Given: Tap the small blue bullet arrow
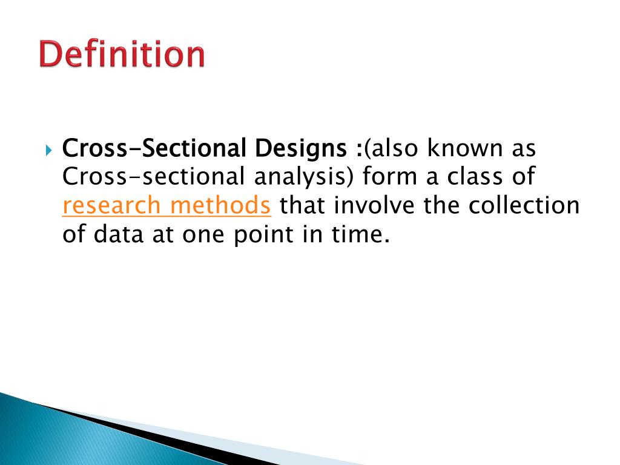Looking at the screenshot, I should [x=50, y=148].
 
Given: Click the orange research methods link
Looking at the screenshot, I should [x=167, y=206].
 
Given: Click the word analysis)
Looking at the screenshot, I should [x=305, y=177].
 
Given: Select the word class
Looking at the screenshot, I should [x=477, y=177].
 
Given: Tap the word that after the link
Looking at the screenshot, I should [x=301, y=206].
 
